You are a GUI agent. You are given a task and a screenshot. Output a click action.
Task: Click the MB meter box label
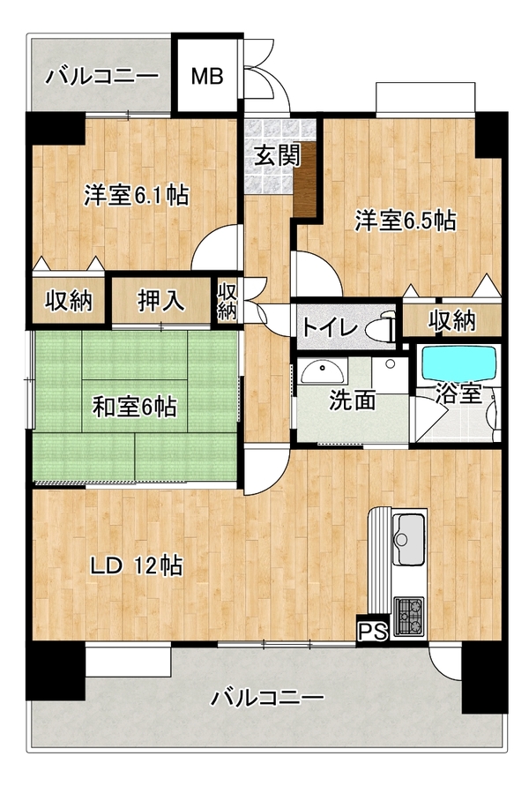click(207, 77)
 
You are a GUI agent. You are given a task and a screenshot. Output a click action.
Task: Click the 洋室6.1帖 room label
click(137, 195)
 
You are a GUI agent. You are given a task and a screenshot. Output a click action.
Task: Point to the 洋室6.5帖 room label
click(406, 221)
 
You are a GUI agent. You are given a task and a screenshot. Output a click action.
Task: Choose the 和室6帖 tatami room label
click(134, 407)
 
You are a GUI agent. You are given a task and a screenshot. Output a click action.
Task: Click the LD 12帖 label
click(136, 566)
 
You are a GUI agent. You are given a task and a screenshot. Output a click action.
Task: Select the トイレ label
click(329, 328)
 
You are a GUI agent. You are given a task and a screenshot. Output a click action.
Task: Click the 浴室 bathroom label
click(458, 393)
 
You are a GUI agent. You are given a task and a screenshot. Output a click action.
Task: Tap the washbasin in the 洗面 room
click(323, 371)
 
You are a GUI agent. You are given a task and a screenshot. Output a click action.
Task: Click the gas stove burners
click(409, 616)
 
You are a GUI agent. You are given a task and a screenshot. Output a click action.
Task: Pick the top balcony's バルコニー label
click(102, 77)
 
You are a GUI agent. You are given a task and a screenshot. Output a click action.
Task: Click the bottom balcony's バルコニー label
click(267, 697)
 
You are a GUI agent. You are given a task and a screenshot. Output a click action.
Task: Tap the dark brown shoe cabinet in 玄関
click(305, 179)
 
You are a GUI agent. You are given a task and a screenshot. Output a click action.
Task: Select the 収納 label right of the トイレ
click(451, 320)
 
